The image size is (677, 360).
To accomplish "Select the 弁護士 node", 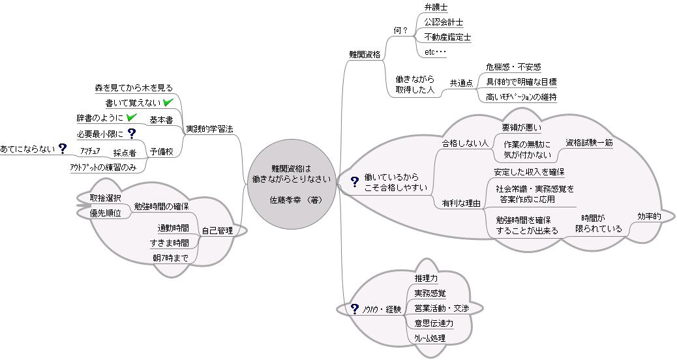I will tap(435, 8).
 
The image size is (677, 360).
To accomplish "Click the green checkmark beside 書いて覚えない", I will tap(168, 102).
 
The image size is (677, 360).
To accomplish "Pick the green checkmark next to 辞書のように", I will tap(131, 117).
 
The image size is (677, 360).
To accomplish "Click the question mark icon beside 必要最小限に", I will tap(131, 134).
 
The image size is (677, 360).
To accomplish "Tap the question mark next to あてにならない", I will tap(63, 149).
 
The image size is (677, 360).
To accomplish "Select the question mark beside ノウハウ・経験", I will tap(355, 308).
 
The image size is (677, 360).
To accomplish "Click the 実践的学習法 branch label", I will tap(209, 129).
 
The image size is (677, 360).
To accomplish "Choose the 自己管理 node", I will tap(217, 230).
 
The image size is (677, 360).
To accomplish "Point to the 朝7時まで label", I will tap(170, 258).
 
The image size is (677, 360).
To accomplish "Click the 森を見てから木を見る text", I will tap(134, 87).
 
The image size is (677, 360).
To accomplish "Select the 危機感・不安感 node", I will tap(513, 67).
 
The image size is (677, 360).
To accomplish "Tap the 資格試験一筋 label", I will tap(589, 142).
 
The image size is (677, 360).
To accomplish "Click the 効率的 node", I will tap(649, 216).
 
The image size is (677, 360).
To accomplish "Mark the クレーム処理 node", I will tap(429, 338).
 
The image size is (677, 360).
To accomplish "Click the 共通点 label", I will tap(461, 83).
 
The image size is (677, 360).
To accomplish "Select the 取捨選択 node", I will tap(105, 198).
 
